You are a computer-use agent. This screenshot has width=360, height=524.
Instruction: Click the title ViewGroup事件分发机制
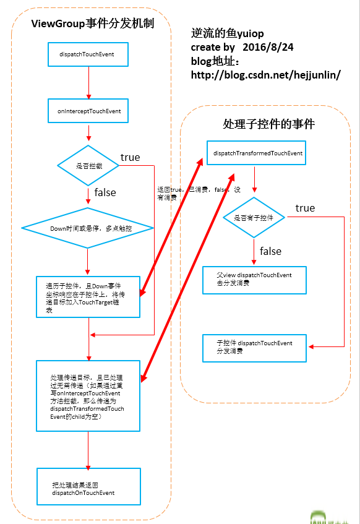[93, 24]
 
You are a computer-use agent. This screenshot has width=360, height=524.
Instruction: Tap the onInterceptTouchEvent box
[88, 111]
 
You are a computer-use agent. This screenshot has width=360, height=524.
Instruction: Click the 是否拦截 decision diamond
[88, 166]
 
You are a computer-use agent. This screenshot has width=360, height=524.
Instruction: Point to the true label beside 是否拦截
[130, 157]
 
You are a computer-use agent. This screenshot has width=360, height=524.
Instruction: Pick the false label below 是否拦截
[105, 192]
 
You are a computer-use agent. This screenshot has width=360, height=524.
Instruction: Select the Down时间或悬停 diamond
[88, 228]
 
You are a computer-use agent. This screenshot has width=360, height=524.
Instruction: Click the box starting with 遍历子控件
[88, 296]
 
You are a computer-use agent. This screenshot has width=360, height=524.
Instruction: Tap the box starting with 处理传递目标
[88, 395]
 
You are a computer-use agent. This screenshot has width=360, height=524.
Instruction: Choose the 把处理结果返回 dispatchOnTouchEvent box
[88, 489]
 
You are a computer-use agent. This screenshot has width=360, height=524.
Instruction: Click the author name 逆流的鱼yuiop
[227, 34]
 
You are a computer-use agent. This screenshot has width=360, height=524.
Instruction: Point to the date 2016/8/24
[268, 47]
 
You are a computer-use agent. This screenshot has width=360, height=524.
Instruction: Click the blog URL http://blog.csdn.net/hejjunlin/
[266, 75]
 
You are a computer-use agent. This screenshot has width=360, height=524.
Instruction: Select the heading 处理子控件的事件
[268, 124]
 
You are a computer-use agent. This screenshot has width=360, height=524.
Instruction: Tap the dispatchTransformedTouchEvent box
[257, 152]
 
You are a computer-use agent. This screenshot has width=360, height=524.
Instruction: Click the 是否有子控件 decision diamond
[254, 218]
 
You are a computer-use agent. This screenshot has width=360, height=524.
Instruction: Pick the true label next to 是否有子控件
[305, 208]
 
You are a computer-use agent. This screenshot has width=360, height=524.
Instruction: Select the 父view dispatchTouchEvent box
[254, 279]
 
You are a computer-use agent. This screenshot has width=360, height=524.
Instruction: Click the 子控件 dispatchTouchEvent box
[254, 347]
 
